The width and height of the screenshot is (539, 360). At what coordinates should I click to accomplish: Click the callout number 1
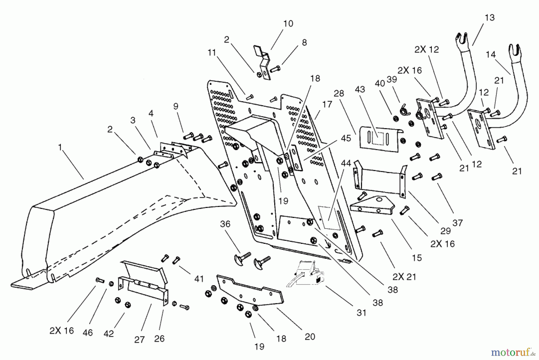pyautogui.click(x=60, y=147)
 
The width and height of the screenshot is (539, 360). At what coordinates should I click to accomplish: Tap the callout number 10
pyautogui.click(x=288, y=24)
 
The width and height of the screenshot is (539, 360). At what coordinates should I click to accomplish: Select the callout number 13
pyautogui.click(x=490, y=18)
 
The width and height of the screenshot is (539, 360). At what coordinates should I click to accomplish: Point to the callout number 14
pyautogui.click(x=490, y=55)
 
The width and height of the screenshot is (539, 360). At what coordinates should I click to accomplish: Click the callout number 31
pyautogui.click(x=361, y=313)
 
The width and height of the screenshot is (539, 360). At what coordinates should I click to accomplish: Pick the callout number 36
pyautogui.click(x=225, y=224)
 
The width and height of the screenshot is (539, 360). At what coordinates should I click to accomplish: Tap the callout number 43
pyautogui.click(x=360, y=89)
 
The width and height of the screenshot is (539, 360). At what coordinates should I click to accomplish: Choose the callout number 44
pyautogui.click(x=346, y=164)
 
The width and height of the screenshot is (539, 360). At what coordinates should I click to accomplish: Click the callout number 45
pyautogui.click(x=346, y=138)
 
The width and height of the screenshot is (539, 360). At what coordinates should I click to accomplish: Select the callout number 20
pyautogui.click(x=310, y=337)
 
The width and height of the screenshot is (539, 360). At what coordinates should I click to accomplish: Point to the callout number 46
pyautogui.click(x=88, y=332)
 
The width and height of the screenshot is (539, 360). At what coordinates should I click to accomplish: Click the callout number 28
pyautogui.click(x=339, y=93)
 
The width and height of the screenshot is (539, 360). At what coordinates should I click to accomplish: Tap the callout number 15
pyautogui.click(x=417, y=258)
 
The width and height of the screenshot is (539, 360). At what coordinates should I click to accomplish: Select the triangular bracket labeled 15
pyautogui.click(x=371, y=205)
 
